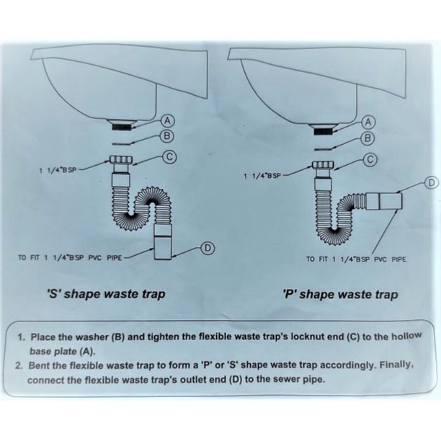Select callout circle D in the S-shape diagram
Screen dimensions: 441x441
click(206, 249)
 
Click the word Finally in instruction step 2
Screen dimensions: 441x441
click(391, 365)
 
